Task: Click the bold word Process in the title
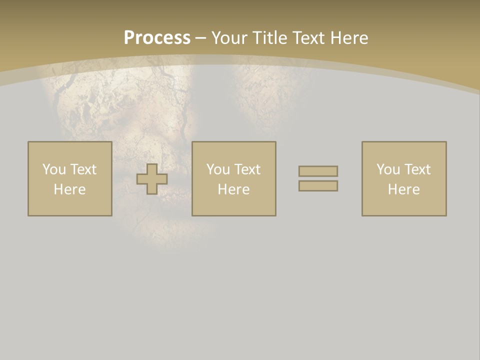(x=157, y=38)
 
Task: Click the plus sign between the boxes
(x=152, y=179)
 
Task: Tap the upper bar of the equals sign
(x=318, y=171)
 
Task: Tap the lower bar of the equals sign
(x=318, y=186)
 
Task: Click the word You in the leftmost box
(x=54, y=169)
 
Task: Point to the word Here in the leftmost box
(x=70, y=189)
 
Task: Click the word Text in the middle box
(x=247, y=169)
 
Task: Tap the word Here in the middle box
(x=234, y=189)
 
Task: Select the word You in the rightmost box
(x=388, y=169)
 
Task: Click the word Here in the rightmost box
(x=404, y=189)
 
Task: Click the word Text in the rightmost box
(x=417, y=169)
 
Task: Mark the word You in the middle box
(x=218, y=169)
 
